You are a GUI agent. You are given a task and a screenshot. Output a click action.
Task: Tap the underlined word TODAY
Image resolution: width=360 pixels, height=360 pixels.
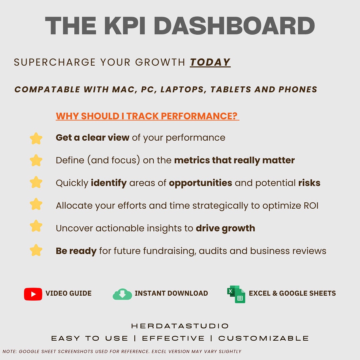coord(210,62)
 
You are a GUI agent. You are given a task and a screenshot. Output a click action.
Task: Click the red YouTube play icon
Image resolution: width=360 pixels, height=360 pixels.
coord(33,294)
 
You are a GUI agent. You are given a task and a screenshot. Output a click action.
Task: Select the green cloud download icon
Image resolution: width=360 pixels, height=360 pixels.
coord(122,294)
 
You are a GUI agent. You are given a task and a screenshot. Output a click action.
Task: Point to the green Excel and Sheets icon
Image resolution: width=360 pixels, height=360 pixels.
coord(236,294)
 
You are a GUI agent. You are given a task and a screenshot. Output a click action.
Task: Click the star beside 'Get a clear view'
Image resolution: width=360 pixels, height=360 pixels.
coord(36,138)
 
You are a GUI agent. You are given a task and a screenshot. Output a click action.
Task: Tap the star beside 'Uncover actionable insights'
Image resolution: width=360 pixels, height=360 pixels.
coord(36,226)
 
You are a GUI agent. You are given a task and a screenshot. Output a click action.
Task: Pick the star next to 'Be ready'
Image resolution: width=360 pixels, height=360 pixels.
coord(36,250)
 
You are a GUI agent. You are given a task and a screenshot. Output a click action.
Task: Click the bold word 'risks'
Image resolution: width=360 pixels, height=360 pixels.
coord(309,183)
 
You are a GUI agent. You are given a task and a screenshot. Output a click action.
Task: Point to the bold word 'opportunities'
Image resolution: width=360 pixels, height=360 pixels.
coord(200,183)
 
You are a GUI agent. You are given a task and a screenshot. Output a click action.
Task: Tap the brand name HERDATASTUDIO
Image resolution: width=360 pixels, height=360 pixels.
coord(180,326)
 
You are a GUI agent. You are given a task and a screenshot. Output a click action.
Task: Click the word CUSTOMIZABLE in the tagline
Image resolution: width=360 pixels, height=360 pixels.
coord(264,338)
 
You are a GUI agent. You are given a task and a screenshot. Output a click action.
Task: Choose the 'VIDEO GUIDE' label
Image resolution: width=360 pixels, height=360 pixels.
coord(68,293)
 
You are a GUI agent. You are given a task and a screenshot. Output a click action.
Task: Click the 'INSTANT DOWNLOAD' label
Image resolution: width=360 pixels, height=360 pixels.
coord(171,293)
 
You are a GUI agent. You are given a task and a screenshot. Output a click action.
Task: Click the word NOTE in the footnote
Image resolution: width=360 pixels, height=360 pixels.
coord(9,351)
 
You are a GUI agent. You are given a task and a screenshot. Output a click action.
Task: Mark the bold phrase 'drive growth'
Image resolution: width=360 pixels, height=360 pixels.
coord(225,228)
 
